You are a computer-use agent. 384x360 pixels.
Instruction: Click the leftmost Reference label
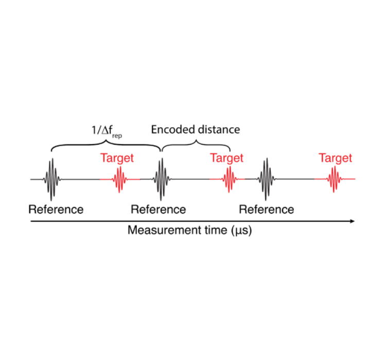56,210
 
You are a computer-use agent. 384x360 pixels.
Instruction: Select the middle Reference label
158,210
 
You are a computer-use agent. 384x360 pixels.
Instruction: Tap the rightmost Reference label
267,210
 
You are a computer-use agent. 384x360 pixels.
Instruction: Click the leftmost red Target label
117,158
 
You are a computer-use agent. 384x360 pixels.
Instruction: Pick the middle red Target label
226,158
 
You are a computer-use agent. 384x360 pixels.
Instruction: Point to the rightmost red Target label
335,158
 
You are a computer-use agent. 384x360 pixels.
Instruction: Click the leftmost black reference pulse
51,179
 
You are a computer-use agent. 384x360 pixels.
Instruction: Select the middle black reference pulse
162,179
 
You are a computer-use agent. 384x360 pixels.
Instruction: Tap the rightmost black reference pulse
267,179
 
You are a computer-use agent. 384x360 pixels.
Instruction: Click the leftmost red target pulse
119,179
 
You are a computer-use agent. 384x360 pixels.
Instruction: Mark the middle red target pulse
229,179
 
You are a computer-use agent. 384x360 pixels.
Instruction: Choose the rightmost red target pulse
336,179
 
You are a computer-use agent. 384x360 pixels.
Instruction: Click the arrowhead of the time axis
352,221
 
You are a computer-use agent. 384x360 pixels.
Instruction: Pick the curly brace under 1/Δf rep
106,146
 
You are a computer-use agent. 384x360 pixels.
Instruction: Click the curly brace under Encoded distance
196,146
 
